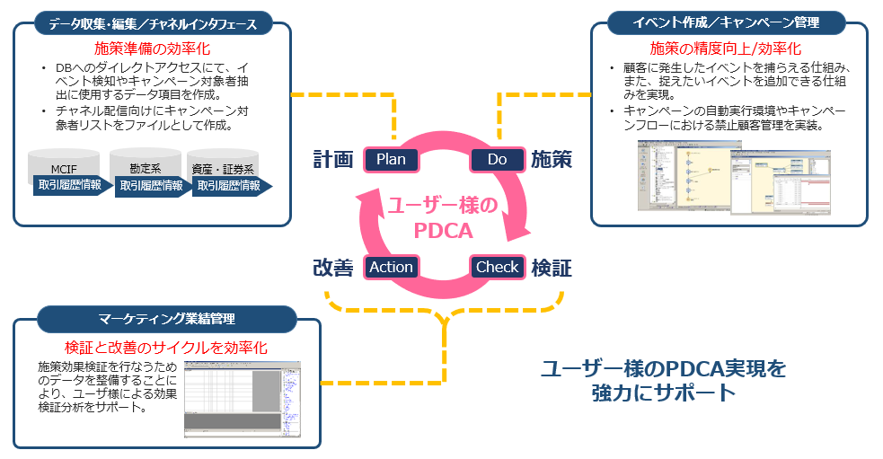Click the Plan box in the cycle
click(391, 160)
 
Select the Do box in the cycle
click(497, 160)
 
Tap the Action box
click(391, 267)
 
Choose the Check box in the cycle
click(497, 267)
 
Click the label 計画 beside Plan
click(332, 160)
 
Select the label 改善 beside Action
click(332, 268)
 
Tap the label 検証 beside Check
click(552, 268)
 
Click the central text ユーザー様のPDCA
click(442, 218)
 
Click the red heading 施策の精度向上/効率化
click(725, 49)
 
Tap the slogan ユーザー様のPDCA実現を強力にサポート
click(664, 380)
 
